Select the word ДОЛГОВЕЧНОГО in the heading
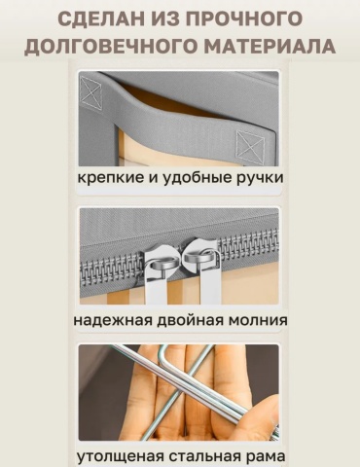point(110,46)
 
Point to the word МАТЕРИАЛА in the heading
point(270,46)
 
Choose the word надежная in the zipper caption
point(113,320)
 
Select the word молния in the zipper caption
point(258,320)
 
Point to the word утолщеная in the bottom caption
point(120,456)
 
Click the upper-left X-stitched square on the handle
point(90,90)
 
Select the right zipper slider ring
point(198,257)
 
